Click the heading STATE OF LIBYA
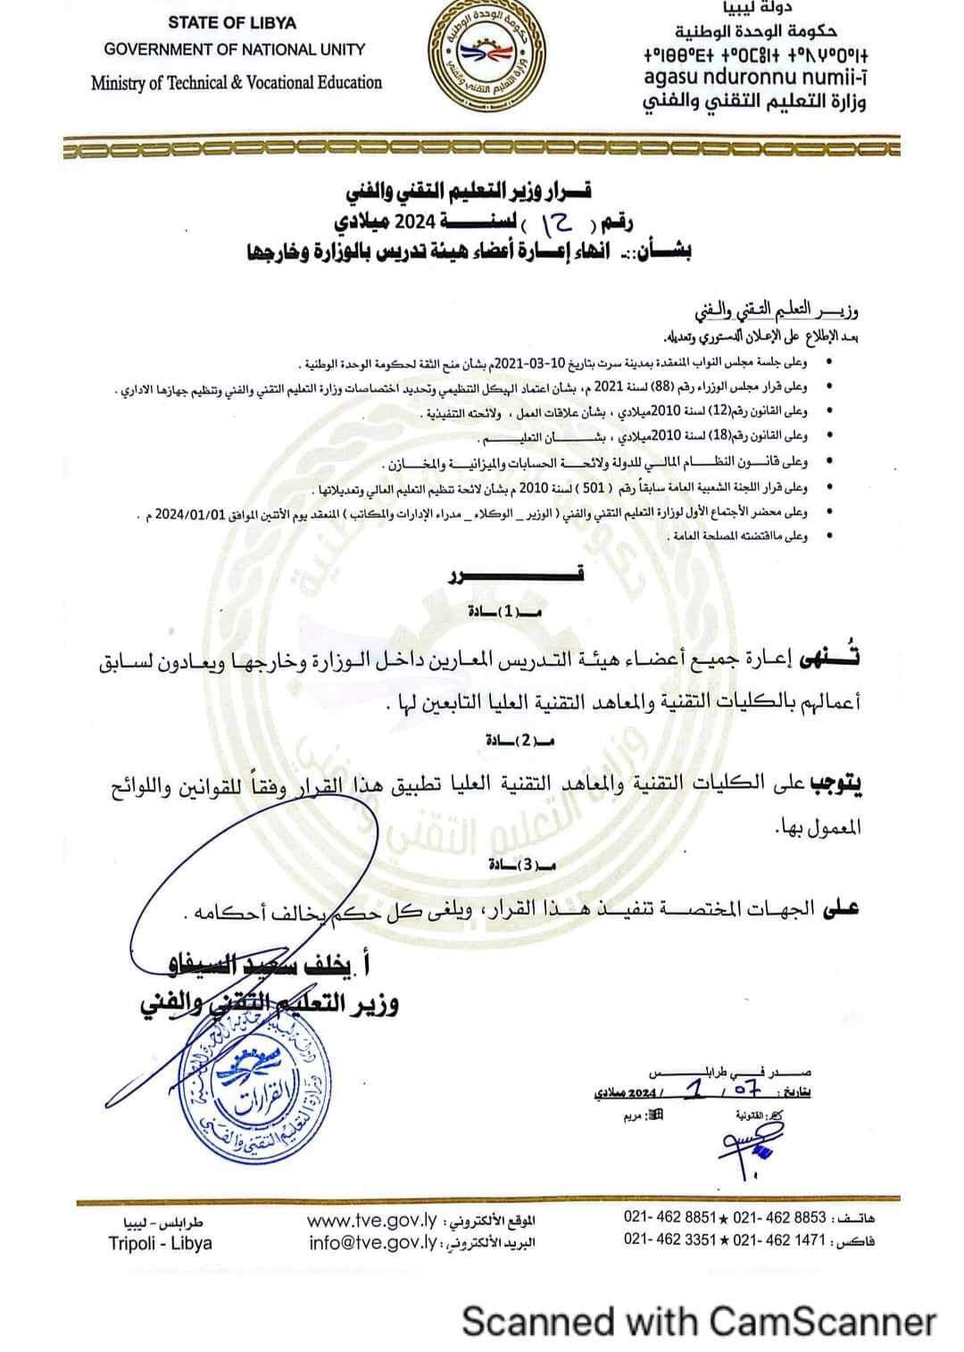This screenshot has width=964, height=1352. tap(232, 22)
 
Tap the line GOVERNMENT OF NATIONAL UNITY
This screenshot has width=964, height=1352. tap(234, 51)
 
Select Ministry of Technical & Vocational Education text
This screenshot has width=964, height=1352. tap(236, 83)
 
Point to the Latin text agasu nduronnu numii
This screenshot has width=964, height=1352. tap(755, 79)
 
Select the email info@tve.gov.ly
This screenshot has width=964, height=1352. tap(371, 1241)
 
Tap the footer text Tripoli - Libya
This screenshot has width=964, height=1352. tap(161, 1242)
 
